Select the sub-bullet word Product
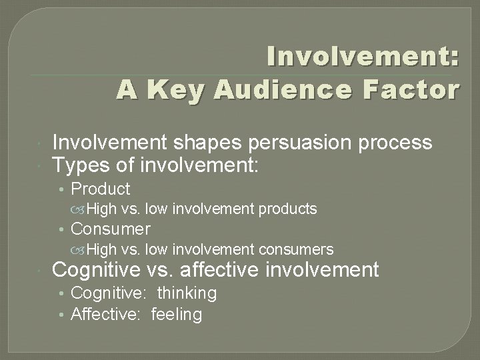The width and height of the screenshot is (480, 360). [101, 189]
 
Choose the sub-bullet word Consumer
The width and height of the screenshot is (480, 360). [111, 229]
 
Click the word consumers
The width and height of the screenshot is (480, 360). [297, 249]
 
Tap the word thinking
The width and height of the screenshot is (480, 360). [187, 293]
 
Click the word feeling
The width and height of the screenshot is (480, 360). [177, 313]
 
